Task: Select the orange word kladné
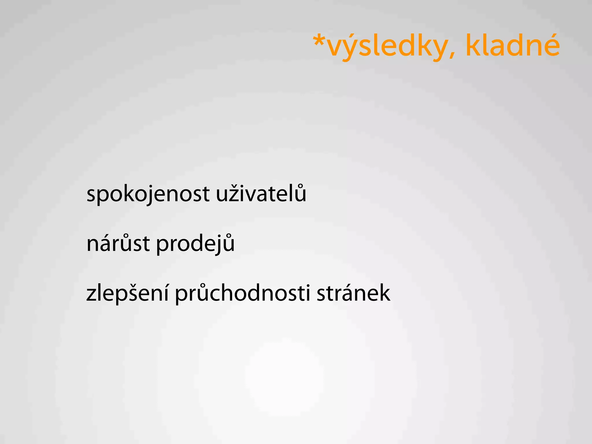(x=513, y=46)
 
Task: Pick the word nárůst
(x=118, y=243)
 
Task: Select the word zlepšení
(x=127, y=294)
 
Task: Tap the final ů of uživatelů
(x=300, y=193)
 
